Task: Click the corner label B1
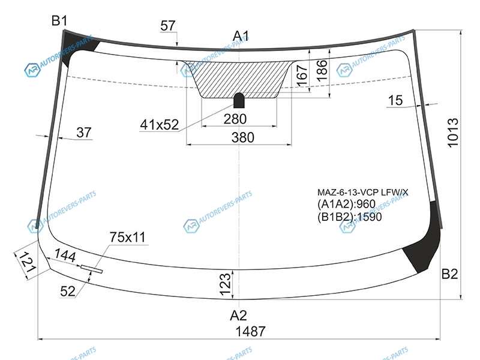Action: (x=59, y=21)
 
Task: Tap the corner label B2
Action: (x=449, y=274)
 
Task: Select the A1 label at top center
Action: (x=241, y=36)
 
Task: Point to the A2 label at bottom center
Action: (x=238, y=316)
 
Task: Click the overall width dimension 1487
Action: (x=250, y=332)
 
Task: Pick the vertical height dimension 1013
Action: (x=453, y=133)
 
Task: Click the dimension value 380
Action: (x=243, y=137)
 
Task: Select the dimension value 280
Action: (x=235, y=119)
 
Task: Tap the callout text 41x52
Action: (x=159, y=125)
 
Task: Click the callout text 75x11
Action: (x=127, y=237)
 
